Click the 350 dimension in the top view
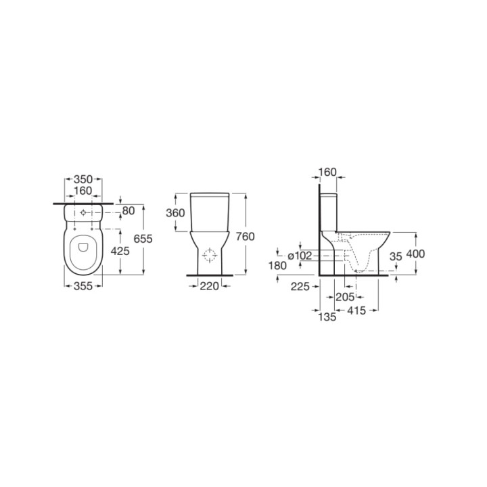coord(83,179)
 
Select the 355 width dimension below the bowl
coord(83,285)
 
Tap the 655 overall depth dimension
coord(143,239)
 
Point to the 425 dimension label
coord(120,251)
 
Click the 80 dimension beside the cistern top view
coord(129,211)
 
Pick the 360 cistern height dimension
coord(175,213)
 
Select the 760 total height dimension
coord(245,236)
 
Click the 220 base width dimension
coord(209,286)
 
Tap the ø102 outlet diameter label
coord(300,256)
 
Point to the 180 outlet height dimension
coord(278,266)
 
